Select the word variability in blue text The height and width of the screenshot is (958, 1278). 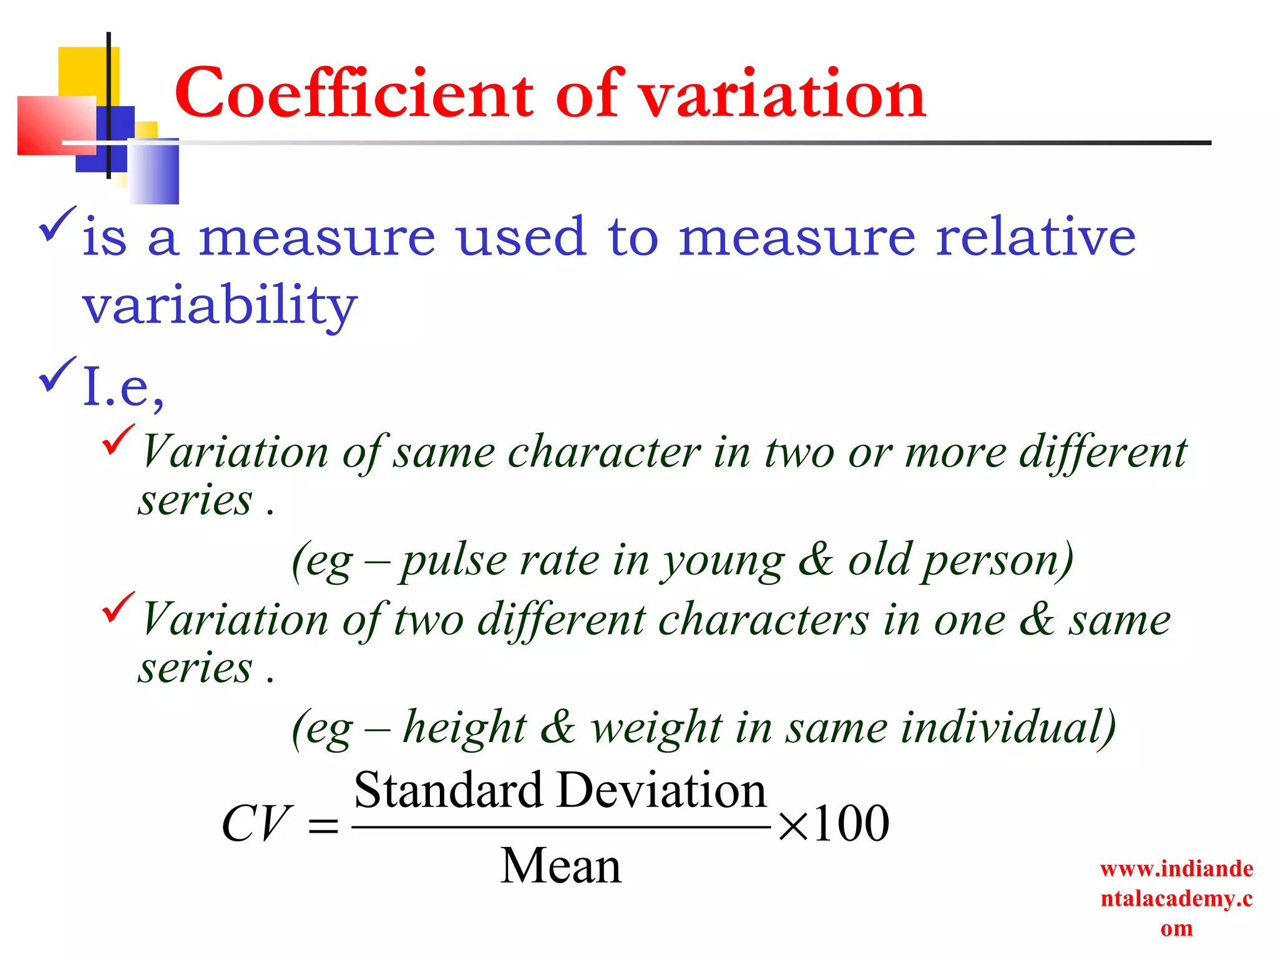tap(220, 306)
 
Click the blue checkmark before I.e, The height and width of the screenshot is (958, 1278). tap(57, 374)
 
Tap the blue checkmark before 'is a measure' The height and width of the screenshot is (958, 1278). tap(57, 225)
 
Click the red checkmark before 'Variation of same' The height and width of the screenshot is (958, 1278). tap(117, 440)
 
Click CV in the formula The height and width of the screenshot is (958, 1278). tap(256, 823)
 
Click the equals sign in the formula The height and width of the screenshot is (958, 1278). tap(323, 827)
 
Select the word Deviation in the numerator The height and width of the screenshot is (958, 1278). tap(661, 791)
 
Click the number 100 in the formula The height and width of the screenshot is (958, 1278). tap(851, 823)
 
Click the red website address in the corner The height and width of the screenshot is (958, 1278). tap(1176, 898)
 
